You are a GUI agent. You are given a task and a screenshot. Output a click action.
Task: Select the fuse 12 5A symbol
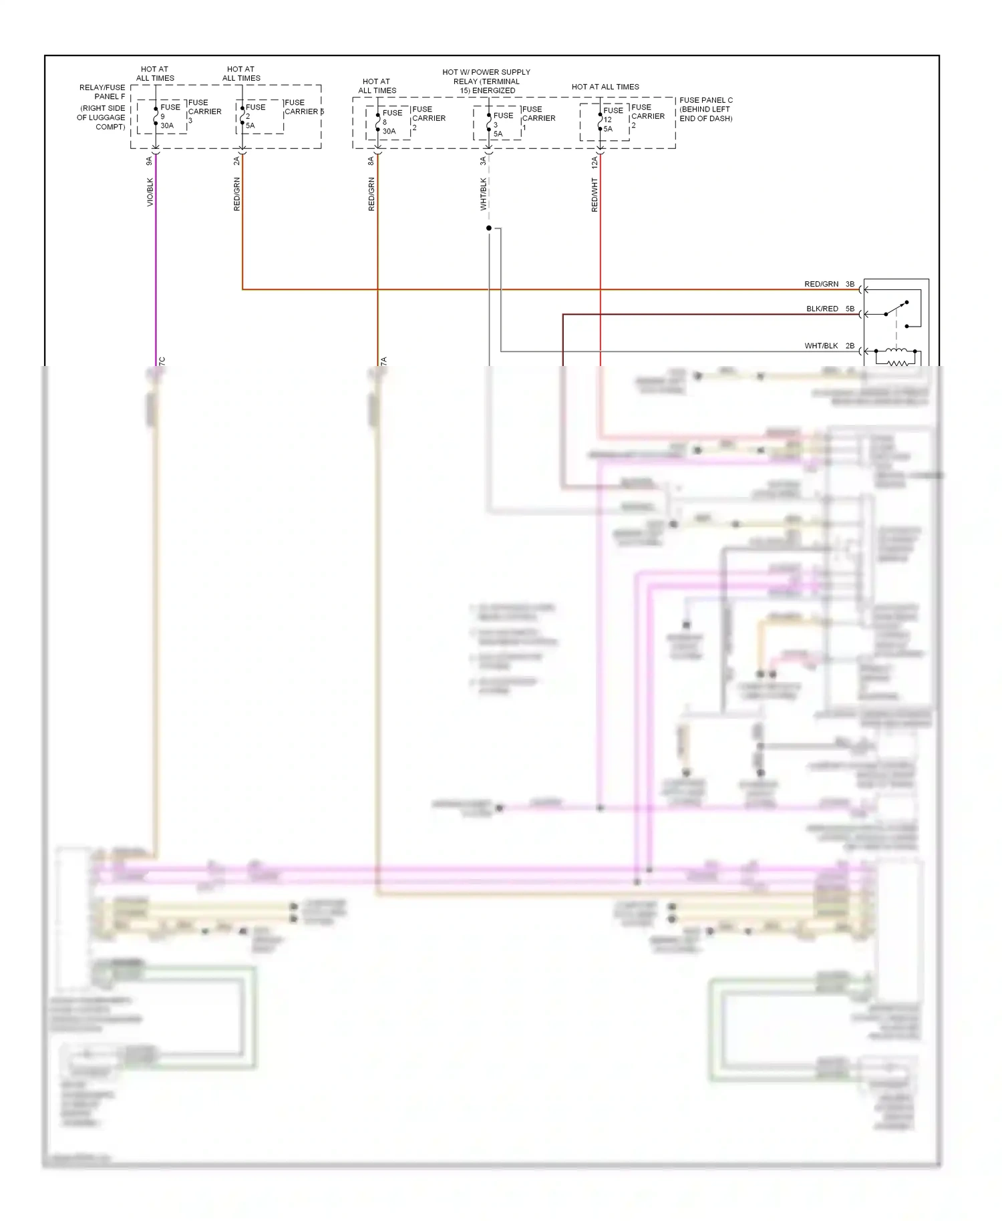coord(600,121)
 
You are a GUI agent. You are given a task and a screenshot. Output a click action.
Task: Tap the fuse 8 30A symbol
coord(378,122)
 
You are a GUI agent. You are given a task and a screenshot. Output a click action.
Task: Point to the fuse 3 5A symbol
coord(489,124)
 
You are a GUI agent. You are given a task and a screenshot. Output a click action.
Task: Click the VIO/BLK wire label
coord(150,192)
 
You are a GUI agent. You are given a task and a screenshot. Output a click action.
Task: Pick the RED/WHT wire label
coord(595,195)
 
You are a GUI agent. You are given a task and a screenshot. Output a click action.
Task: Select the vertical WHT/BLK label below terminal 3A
coord(484,194)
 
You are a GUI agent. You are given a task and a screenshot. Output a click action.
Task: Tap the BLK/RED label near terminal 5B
coord(822,309)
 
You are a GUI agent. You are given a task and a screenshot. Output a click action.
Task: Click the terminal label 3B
coord(850,285)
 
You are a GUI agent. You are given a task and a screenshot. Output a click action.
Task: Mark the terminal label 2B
coord(850,346)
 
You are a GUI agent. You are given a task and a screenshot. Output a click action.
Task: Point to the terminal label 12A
coord(595,162)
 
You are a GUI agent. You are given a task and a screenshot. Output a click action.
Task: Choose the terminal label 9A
coord(150,161)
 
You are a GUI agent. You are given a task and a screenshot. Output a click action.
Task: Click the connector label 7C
coord(162,361)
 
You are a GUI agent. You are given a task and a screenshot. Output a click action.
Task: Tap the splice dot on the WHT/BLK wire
coord(489,228)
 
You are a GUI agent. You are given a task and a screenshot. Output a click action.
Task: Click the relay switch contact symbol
coord(896,310)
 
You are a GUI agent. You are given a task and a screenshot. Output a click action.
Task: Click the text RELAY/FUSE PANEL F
coord(102,92)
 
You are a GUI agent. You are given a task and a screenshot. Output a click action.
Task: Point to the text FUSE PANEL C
coord(705,100)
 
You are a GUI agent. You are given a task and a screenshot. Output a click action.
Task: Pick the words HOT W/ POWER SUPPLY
coord(486,72)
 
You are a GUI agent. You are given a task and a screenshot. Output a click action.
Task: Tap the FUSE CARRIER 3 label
coord(204,112)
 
